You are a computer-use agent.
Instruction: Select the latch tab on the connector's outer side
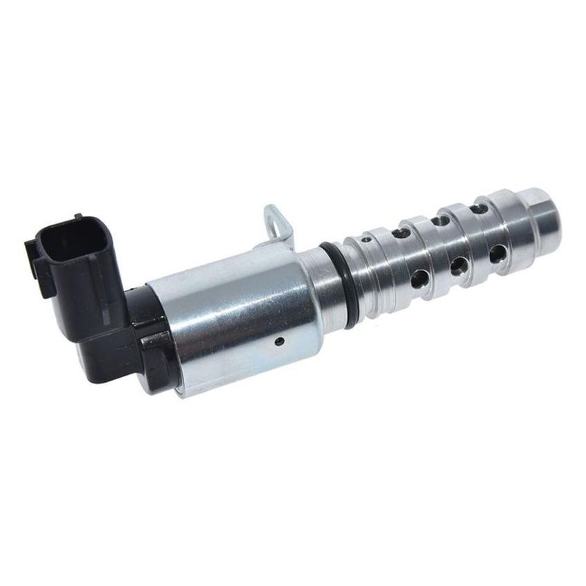coord(34,265)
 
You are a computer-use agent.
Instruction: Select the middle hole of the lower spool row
coord(456,266)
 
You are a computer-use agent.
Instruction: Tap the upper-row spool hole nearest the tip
coord(474,204)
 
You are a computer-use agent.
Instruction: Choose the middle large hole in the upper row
coord(436,220)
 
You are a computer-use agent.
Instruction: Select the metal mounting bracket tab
coord(276,224)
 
